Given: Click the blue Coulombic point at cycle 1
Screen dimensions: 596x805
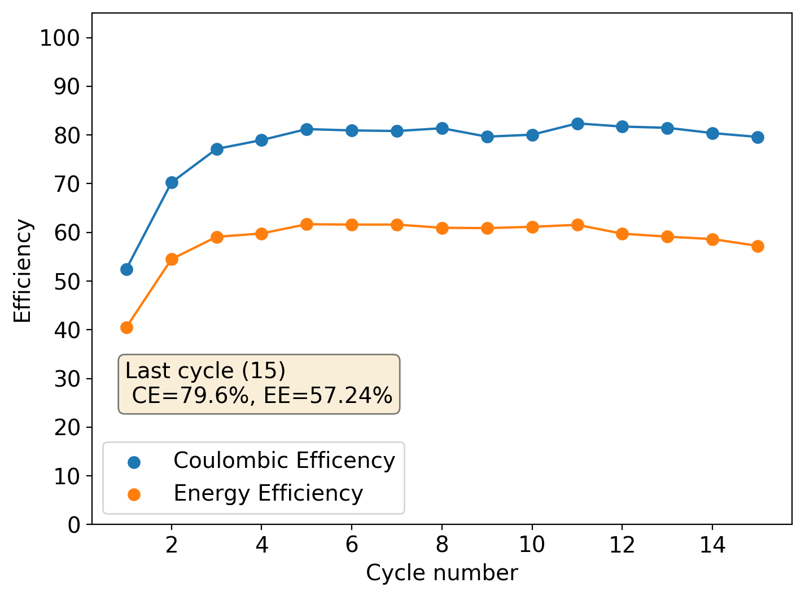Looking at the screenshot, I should (126, 269).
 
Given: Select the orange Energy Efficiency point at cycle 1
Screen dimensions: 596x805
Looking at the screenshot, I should (126, 327).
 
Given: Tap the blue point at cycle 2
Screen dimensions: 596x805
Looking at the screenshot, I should (172, 182).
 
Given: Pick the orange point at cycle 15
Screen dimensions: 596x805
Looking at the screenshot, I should (758, 246).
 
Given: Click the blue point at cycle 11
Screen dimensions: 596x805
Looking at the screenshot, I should (577, 124).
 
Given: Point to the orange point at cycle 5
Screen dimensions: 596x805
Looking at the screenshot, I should (307, 224).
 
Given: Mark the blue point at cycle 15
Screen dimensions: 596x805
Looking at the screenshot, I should (758, 137).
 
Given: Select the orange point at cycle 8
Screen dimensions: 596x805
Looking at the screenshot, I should (442, 228).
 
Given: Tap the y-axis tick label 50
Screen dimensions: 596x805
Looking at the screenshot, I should (67, 281).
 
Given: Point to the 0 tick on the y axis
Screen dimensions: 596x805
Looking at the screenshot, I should (74, 525).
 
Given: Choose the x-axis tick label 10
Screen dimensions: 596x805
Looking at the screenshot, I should (532, 545).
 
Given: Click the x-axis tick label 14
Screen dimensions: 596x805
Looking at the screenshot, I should (712, 545).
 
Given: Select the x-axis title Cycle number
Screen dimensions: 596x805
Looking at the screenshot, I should (441, 573).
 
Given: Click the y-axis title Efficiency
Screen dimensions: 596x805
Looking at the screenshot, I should (23, 270).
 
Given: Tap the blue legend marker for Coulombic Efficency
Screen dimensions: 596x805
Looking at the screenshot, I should (134, 462).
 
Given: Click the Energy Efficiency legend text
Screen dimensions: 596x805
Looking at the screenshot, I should (268, 493).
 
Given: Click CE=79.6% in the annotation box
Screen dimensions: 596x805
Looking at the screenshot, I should (190, 396).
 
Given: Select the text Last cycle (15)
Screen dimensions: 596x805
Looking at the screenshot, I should (205, 371).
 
